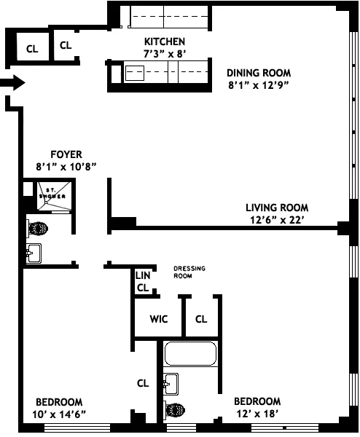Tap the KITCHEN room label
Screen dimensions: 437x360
tap(164, 42)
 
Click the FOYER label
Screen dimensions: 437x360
tap(66, 154)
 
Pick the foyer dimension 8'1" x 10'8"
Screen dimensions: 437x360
tap(66, 166)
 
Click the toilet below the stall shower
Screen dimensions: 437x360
tap(38, 227)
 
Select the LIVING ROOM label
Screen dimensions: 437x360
tap(276, 207)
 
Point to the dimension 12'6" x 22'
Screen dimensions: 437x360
tap(276, 219)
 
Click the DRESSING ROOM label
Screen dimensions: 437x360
tap(189, 272)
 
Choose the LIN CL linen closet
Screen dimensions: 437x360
tap(143, 281)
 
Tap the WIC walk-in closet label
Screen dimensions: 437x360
tap(160, 319)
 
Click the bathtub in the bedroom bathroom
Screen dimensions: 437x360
tap(191, 354)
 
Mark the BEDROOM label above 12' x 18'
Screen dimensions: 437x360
tap(257, 401)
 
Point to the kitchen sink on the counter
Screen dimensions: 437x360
tap(136, 73)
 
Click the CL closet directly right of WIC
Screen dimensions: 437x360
tap(201, 319)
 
